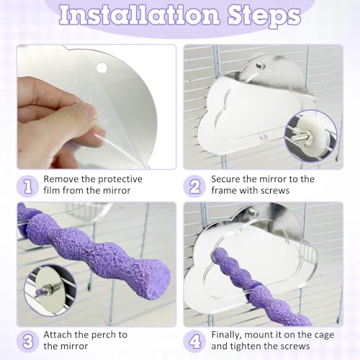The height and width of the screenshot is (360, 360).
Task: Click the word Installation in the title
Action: [140, 15]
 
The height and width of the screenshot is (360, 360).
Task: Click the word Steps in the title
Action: [264, 17]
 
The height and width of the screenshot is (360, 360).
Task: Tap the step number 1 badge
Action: [28, 186]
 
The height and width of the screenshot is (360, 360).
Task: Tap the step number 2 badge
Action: [194, 186]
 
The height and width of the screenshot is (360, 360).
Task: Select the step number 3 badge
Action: [28, 341]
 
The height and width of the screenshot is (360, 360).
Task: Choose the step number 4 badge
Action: [194, 341]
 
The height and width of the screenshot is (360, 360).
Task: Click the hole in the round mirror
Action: [102, 68]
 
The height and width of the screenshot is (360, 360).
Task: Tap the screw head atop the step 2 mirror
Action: [259, 66]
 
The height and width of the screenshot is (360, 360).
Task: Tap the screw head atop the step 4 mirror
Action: [254, 212]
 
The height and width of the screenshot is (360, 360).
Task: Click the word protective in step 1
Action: [120, 179]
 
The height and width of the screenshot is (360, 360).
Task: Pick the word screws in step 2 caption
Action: [275, 191]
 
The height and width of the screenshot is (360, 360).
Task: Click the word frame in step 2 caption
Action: [224, 191]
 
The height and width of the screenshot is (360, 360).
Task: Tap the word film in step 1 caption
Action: [52, 191]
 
